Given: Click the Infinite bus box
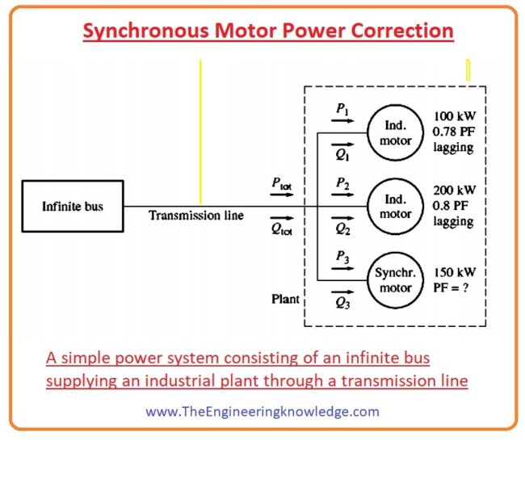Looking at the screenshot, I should tap(73, 207).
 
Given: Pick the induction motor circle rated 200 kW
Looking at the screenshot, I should tap(395, 207).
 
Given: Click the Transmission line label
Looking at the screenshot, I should tap(195, 216).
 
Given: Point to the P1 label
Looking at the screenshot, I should tap(342, 107).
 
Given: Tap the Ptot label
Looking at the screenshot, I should tap(281, 184).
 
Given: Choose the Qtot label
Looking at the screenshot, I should tap(281, 228).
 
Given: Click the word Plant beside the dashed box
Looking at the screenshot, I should tap(285, 299).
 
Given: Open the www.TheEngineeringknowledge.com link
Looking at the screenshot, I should tap(262, 411).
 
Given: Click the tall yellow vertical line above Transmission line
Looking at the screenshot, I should tap(200, 129).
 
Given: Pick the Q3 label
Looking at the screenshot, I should tap(342, 304).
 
